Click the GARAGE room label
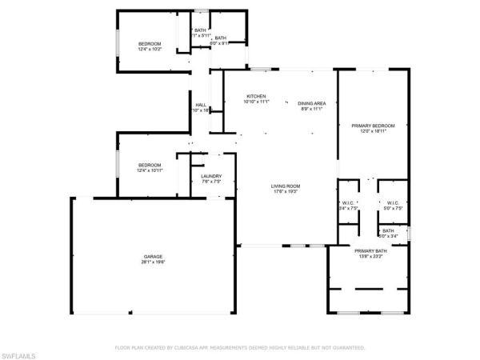pyautogui.click(x=154, y=256)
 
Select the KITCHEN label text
pyautogui.click(x=256, y=96)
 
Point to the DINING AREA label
pyautogui.click(x=311, y=103)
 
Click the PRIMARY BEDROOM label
pyautogui.click(x=374, y=126)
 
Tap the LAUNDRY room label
pyautogui.click(x=211, y=177)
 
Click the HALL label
pyautogui.click(x=201, y=105)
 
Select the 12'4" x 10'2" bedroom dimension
pyautogui.click(x=150, y=50)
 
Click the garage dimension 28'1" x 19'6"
pyautogui.click(x=154, y=262)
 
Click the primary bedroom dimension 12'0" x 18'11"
pyautogui.click(x=374, y=131)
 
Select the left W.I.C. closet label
pyautogui.click(x=348, y=202)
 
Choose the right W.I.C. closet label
pyautogui.click(x=392, y=202)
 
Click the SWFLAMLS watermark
pyautogui.click(x=19, y=353)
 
